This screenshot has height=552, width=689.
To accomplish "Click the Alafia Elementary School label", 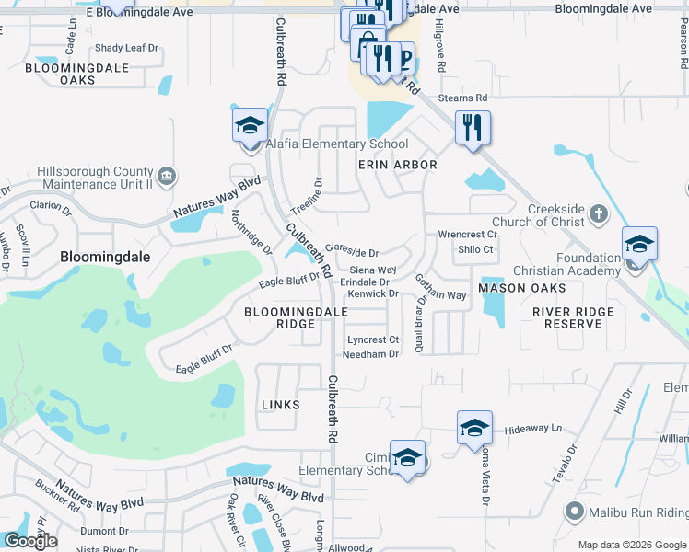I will pos(336,144).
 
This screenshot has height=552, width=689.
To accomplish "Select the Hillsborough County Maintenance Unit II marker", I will pos(168,177).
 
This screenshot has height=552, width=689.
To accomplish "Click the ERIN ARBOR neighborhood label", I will pos(397,165).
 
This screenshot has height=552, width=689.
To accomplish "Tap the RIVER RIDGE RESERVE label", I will pos(573,318).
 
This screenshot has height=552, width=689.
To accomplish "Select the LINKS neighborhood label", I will pos(281,405).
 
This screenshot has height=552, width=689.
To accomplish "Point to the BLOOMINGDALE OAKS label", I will pos(72,75).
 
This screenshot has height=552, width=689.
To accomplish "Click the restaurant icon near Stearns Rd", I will pos(473,128).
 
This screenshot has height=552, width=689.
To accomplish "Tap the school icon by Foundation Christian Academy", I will pos(639,245).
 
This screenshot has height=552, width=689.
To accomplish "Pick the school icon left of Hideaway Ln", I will pos(474,429).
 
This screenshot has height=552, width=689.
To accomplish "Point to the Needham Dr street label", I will pos(373,354).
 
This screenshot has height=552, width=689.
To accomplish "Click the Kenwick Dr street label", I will pos(372,294).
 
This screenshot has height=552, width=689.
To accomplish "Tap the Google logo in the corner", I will pos(30,541).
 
